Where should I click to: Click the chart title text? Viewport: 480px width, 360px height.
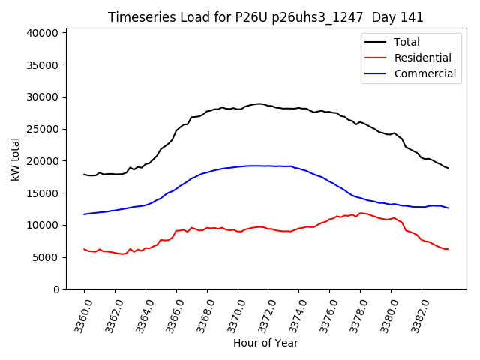[x=265, y=17]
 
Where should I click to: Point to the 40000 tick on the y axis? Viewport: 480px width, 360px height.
[x=42, y=33]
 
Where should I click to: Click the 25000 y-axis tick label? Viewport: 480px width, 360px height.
[x=42, y=129]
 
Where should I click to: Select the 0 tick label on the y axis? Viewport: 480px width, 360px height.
[x=55, y=289]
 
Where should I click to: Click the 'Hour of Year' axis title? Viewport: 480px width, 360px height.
[x=265, y=343]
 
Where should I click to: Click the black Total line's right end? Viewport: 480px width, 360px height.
[x=448, y=168]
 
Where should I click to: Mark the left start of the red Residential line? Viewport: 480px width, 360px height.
[x=84, y=249]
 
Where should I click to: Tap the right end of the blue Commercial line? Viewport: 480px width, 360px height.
[x=448, y=208]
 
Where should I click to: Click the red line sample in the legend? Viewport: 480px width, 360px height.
[x=375, y=58]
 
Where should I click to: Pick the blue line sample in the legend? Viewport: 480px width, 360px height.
[x=375, y=73]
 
